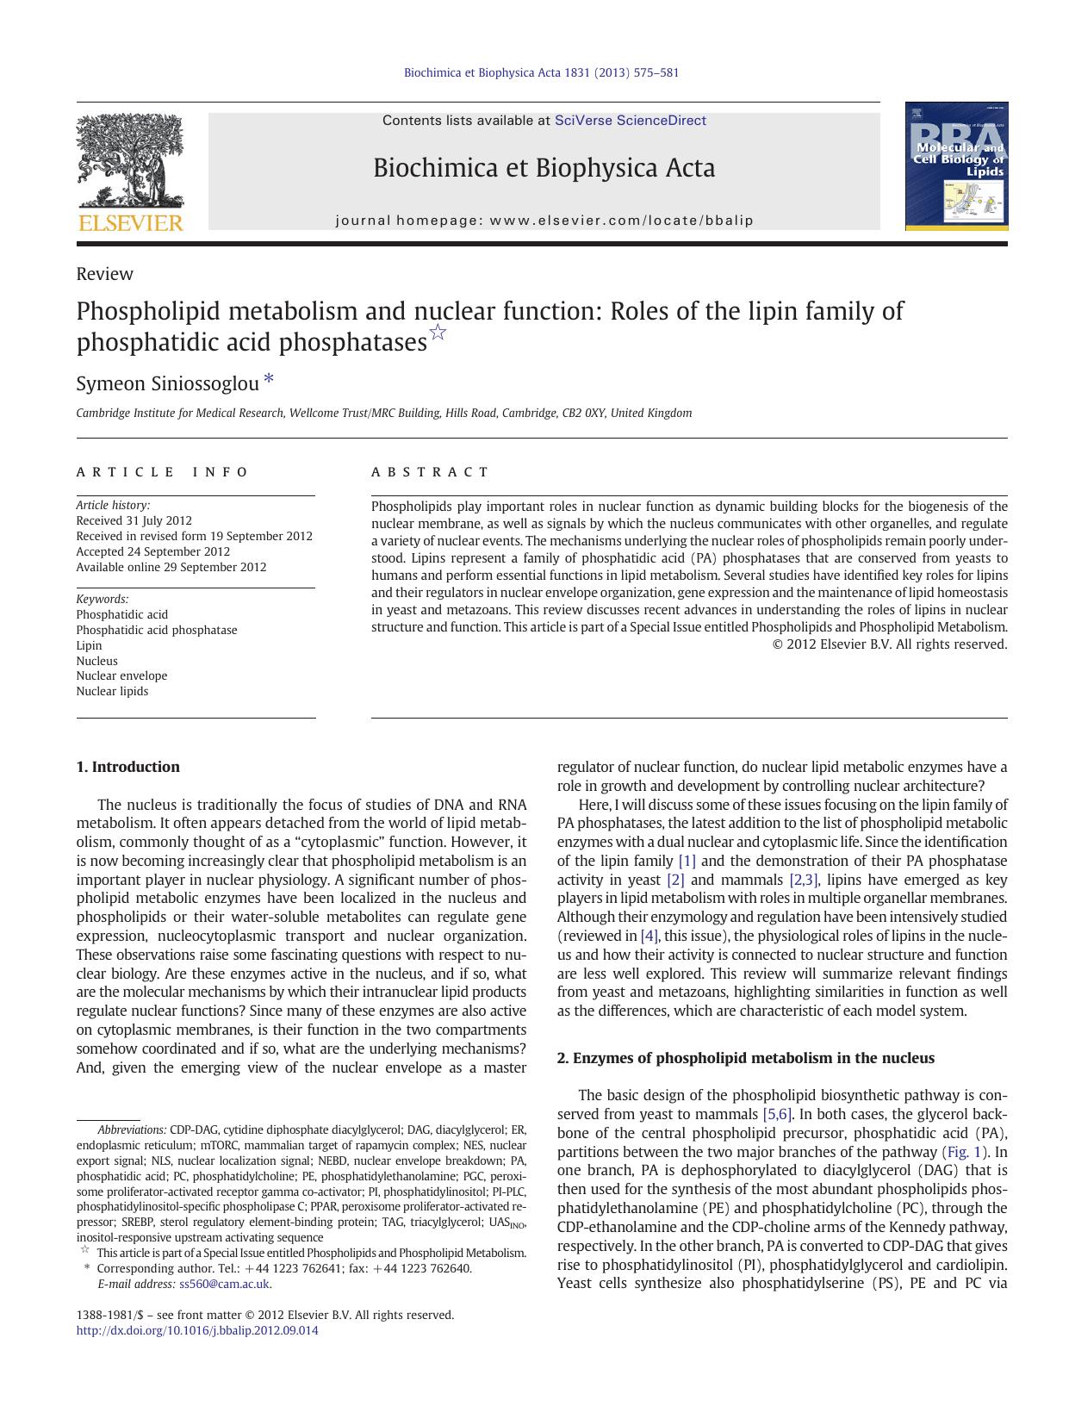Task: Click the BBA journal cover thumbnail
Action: point(956,166)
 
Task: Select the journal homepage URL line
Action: point(544,221)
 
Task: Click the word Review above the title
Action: point(104,274)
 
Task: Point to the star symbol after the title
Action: point(438,333)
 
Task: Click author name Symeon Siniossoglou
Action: point(167,383)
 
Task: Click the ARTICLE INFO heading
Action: point(162,472)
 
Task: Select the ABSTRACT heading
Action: point(430,472)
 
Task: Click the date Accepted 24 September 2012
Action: point(152,551)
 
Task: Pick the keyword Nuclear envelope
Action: point(121,675)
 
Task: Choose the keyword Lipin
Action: point(89,645)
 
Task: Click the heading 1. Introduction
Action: point(127,767)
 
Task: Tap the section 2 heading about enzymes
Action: point(745,1058)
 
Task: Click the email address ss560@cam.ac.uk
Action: point(224,1284)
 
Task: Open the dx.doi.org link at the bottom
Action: point(196,1330)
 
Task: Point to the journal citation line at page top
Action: point(541,72)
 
